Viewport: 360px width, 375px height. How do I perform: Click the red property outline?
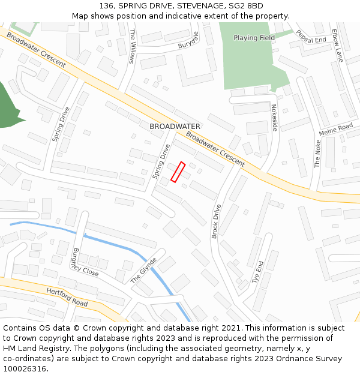click(178, 172)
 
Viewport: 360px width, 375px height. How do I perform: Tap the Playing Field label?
click(254, 38)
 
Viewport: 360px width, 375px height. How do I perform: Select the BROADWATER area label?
click(175, 127)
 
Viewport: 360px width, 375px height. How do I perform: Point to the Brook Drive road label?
click(216, 221)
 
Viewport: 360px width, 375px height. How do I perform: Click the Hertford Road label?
click(67, 296)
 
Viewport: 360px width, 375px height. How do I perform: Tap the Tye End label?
click(258, 272)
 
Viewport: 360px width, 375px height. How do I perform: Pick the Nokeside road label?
click(274, 118)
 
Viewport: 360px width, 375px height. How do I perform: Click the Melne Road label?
click(336, 130)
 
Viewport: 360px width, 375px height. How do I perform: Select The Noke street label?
click(317, 154)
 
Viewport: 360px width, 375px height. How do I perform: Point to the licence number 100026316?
click(25, 368)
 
